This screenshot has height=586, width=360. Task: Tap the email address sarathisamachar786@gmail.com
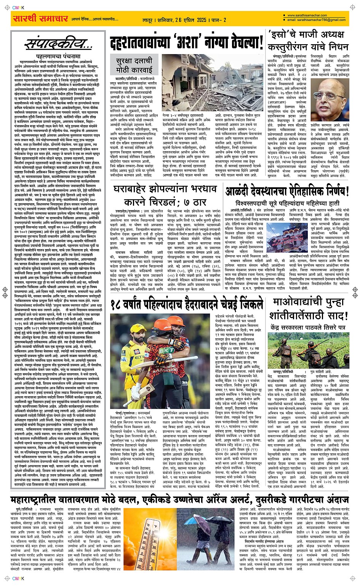click(x=316, y=20)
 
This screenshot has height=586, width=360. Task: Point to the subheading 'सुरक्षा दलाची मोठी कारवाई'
click(x=134, y=65)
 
